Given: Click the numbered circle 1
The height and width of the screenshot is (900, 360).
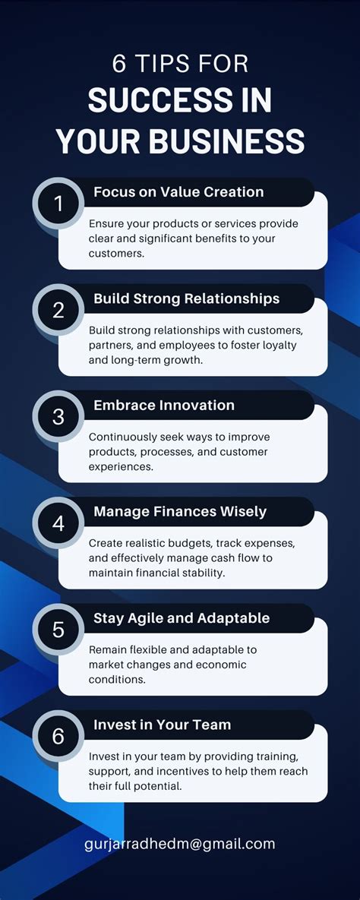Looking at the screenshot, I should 58,204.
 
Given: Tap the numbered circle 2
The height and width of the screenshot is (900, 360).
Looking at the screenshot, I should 58,310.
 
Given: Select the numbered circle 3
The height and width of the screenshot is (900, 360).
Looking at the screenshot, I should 58,416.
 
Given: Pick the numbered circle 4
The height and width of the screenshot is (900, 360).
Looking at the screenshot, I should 58,523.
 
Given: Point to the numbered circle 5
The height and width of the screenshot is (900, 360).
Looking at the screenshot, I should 58,630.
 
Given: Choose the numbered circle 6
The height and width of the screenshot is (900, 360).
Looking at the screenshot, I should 58,736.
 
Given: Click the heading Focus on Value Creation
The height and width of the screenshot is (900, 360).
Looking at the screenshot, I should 178,192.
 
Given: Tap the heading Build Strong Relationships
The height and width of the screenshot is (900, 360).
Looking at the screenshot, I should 186,298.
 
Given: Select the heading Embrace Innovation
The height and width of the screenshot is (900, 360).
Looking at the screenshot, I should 164,405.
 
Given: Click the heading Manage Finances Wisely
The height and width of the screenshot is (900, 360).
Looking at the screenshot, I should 180,511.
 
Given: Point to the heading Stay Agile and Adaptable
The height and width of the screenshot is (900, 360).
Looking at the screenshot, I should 182,618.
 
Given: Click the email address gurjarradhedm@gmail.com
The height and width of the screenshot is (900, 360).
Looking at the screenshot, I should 180,844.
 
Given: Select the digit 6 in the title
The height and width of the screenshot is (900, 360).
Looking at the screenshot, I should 119,64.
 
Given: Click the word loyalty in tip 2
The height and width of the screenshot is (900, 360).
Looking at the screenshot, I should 279,345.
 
